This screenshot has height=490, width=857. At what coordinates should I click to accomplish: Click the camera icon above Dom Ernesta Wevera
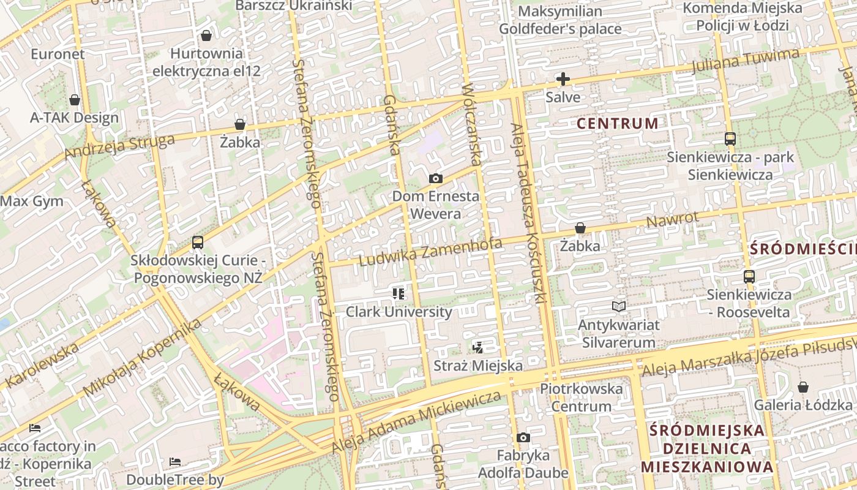click(x=435, y=178)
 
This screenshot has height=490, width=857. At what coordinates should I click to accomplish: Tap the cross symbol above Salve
click(x=563, y=79)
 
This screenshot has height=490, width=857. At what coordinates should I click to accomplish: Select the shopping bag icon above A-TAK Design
click(x=75, y=99)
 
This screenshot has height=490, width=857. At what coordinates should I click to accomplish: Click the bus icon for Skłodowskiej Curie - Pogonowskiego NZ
click(x=197, y=242)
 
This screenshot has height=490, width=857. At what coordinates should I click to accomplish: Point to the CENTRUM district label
click(x=618, y=123)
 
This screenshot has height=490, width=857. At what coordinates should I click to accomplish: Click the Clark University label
click(x=399, y=312)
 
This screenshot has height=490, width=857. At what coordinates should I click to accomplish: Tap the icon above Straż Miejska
click(x=478, y=348)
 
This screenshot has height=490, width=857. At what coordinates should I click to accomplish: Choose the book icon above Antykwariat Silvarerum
click(x=619, y=306)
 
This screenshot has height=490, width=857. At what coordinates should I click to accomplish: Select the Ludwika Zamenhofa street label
click(x=430, y=252)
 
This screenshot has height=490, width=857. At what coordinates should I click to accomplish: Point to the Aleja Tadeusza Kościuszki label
click(x=528, y=214)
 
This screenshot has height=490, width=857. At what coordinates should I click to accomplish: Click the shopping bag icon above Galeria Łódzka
click(x=803, y=387)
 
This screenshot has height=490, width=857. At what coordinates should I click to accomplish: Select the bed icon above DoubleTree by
click(x=175, y=461)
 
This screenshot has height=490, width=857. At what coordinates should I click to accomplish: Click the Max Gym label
click(x=32, y=201)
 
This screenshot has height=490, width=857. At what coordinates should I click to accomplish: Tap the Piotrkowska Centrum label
click(x=581, y=397)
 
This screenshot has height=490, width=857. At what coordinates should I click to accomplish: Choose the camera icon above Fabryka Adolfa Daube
click(x=523, y=437)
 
